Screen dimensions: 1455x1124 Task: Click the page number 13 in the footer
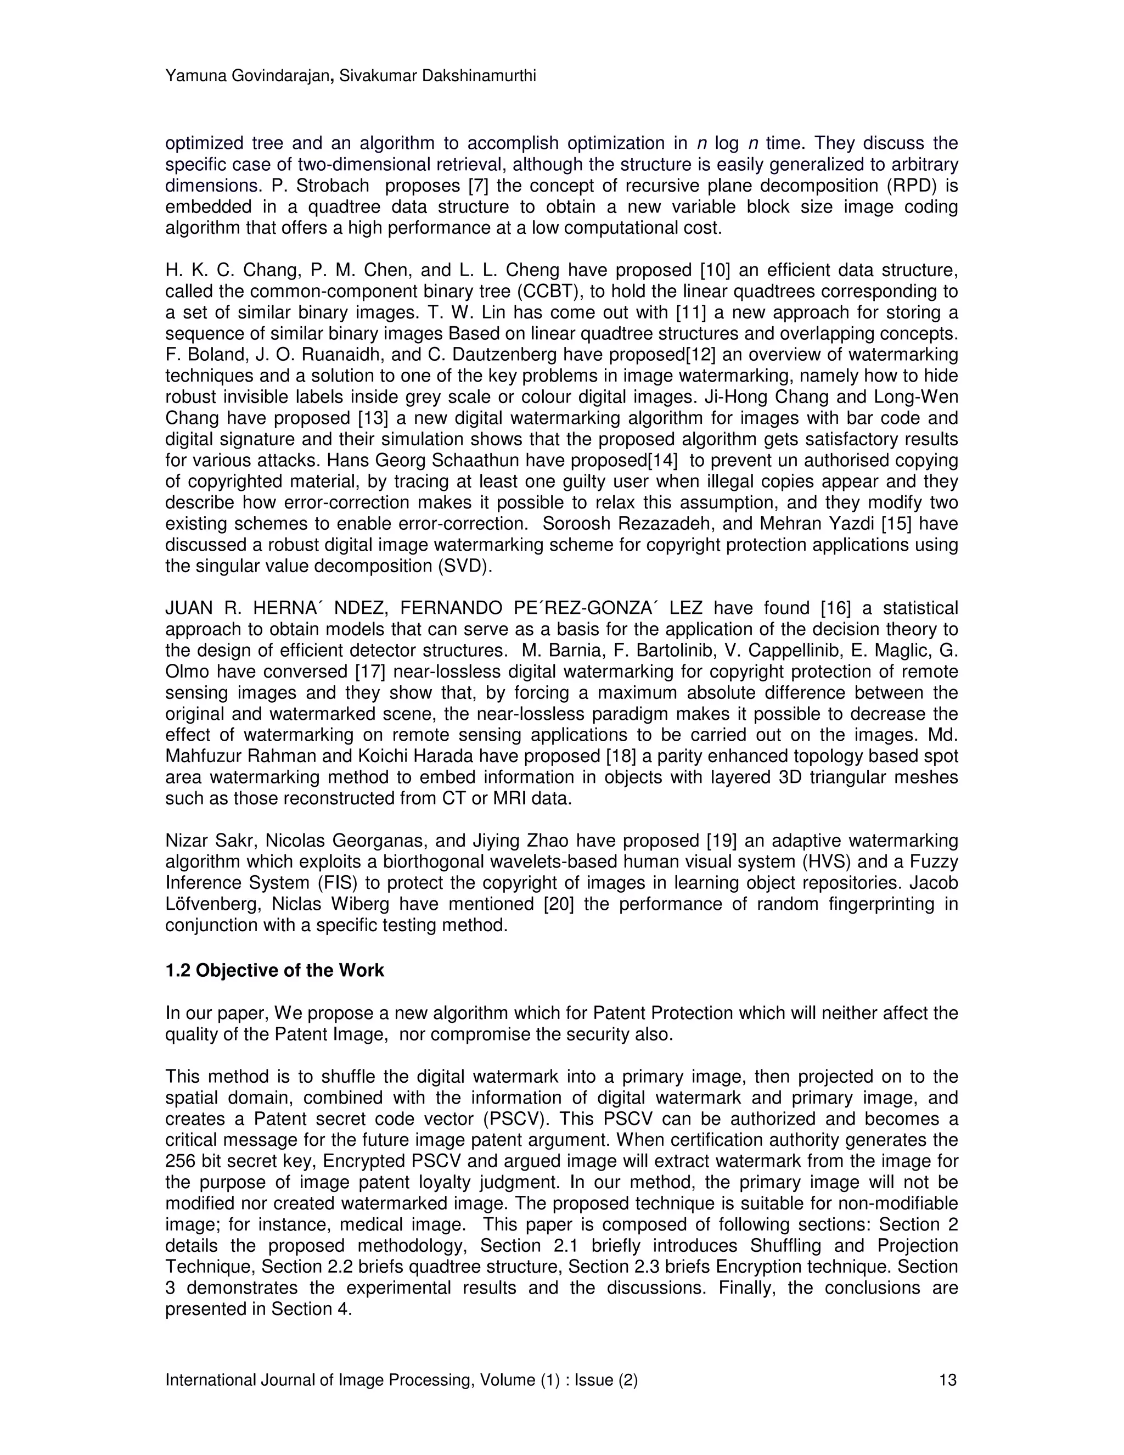point(947,1380)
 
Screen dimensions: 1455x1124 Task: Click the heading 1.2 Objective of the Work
point(274,970)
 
